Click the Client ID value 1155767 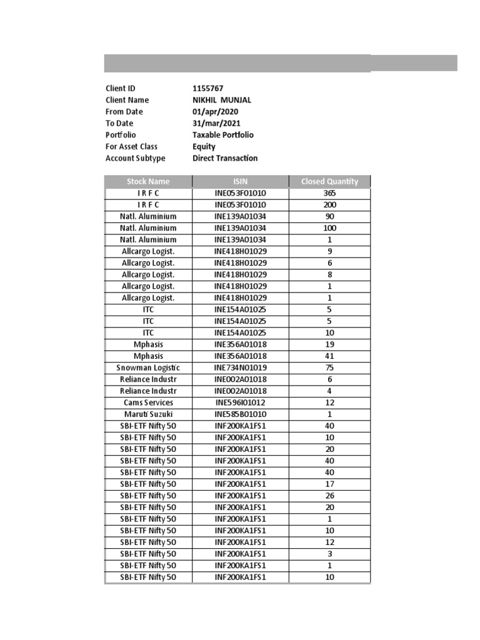pyautogui.click(x=207, y=89)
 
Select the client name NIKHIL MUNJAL pyautogui.click(x=222, y=100)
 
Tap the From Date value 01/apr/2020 pyautogui.click(x=216, y=112)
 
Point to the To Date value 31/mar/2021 pyautogui.click(x=216, y=123)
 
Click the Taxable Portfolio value pyautogui.click(x=223, y=135)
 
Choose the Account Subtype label pyautogui.click(x=136, y=158)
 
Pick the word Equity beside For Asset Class pyautogui.click(x=204, y=147)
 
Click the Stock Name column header pyautogui.click(x=148, y=182)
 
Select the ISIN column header pyautogui.click(x=240, y=182)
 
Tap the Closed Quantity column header pyautogui.click(x=329, y=182)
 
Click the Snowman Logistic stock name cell pyautogui.click(x=148, y=367)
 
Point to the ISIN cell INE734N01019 pyautogui.click(x=240, y=367)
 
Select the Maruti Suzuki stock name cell pyautogui.click(x=148, y=414)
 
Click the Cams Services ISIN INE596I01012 pyautogui.click(x=240, y=402)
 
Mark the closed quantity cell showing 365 pyautogui.click(x=329, y=193)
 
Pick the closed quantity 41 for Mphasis pyautogui.click(x=329, y=356)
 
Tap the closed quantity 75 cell pyautogui.click(x=329, y=367)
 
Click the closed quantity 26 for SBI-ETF pyautogui.click(x=329, y=495)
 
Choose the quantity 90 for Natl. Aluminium pyautogui.click(x=329, y=216)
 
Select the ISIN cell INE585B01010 pyautogui.click(x=240, y=414)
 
